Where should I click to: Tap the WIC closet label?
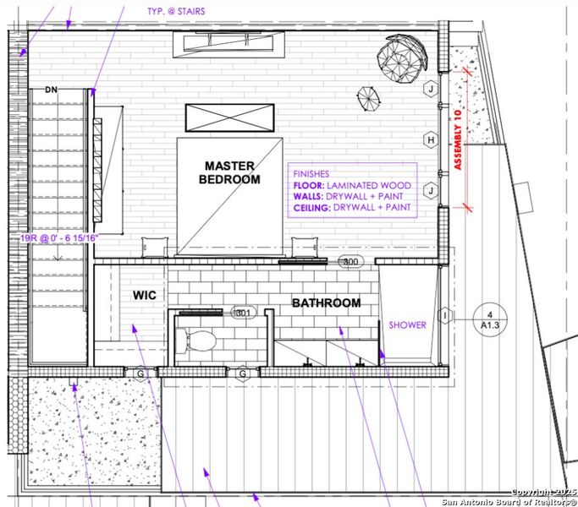pyautogui.click(x=141, y=295)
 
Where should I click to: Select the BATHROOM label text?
pyautogui.click(x=326, y=303)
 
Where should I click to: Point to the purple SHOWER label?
pyautogui.click(x=407, y=324)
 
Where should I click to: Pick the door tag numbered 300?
pyautogui.click(x=350, y=262)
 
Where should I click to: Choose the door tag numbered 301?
pyautogui.click(x=244, y=313)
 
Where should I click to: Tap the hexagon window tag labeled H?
pyautogui.click(x=431, y=139)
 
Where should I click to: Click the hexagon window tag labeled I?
pyautogui.click(x=444, y=316)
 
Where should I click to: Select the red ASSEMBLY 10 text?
pyautogui.click(x=460, y=140)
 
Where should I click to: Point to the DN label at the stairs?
pyautogui.click(x=51, y=90)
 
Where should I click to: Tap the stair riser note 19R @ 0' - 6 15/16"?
pyautogui.click(x=59, y=238)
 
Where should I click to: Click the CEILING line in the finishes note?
pyautogui.click(x=352, y=207)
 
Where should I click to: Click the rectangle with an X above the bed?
pyautogui.click(x=229, y=117)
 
